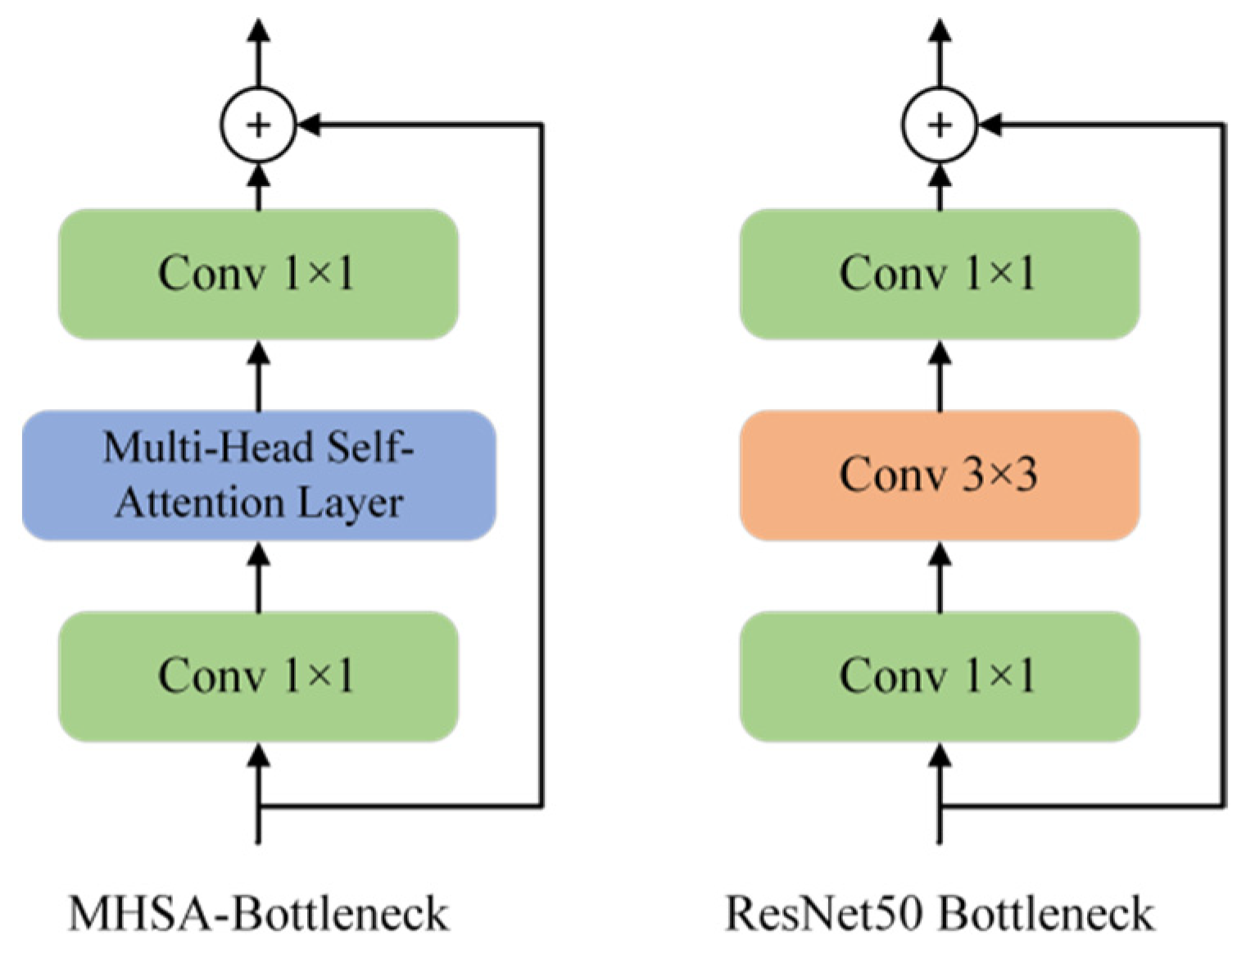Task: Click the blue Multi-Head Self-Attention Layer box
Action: [259, 475]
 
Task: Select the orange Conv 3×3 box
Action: [939, 475]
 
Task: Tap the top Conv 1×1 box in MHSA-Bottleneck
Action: [258, 274]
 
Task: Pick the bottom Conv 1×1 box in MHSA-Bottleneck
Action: [258, 677]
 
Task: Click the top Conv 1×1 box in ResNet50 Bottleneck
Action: [939, 274]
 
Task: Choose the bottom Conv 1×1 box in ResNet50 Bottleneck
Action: [939, 677]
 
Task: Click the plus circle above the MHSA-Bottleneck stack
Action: [258, 125]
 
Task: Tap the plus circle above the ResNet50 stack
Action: [940, 125]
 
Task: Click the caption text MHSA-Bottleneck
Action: [259, 913]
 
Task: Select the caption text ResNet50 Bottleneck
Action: [940, 913]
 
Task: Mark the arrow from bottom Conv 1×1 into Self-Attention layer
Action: [259, 577]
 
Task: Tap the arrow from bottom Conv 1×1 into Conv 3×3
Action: [940, 577]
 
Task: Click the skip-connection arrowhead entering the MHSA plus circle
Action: [310, 125]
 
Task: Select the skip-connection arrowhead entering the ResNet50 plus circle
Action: [991, 125]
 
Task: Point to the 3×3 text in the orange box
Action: [999, 475]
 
